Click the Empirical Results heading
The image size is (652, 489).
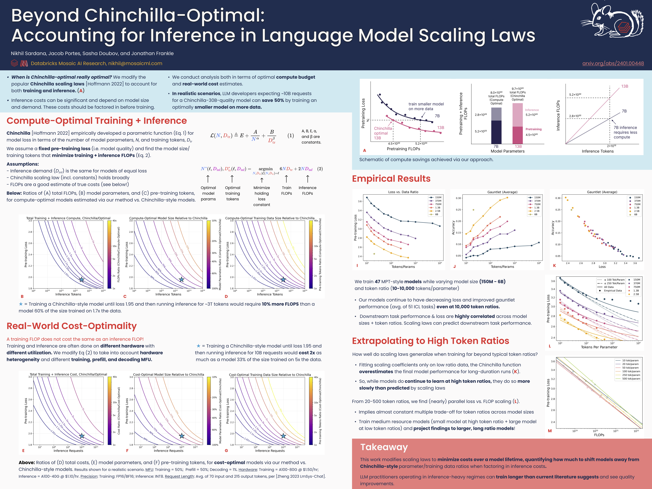(x=391, y=179)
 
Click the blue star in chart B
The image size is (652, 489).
(x=82, y=279)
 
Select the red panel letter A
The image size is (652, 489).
(x=364, y=151)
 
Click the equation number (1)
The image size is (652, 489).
(x=291, y=136)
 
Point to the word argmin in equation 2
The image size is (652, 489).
(x=266, y=169)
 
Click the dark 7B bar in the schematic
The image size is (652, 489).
(x=496, y=132)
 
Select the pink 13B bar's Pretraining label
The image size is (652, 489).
(x=533, y=129)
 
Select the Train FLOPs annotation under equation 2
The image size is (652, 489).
(x=286, y=190)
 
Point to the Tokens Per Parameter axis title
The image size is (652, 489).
(x=599, y=347)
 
